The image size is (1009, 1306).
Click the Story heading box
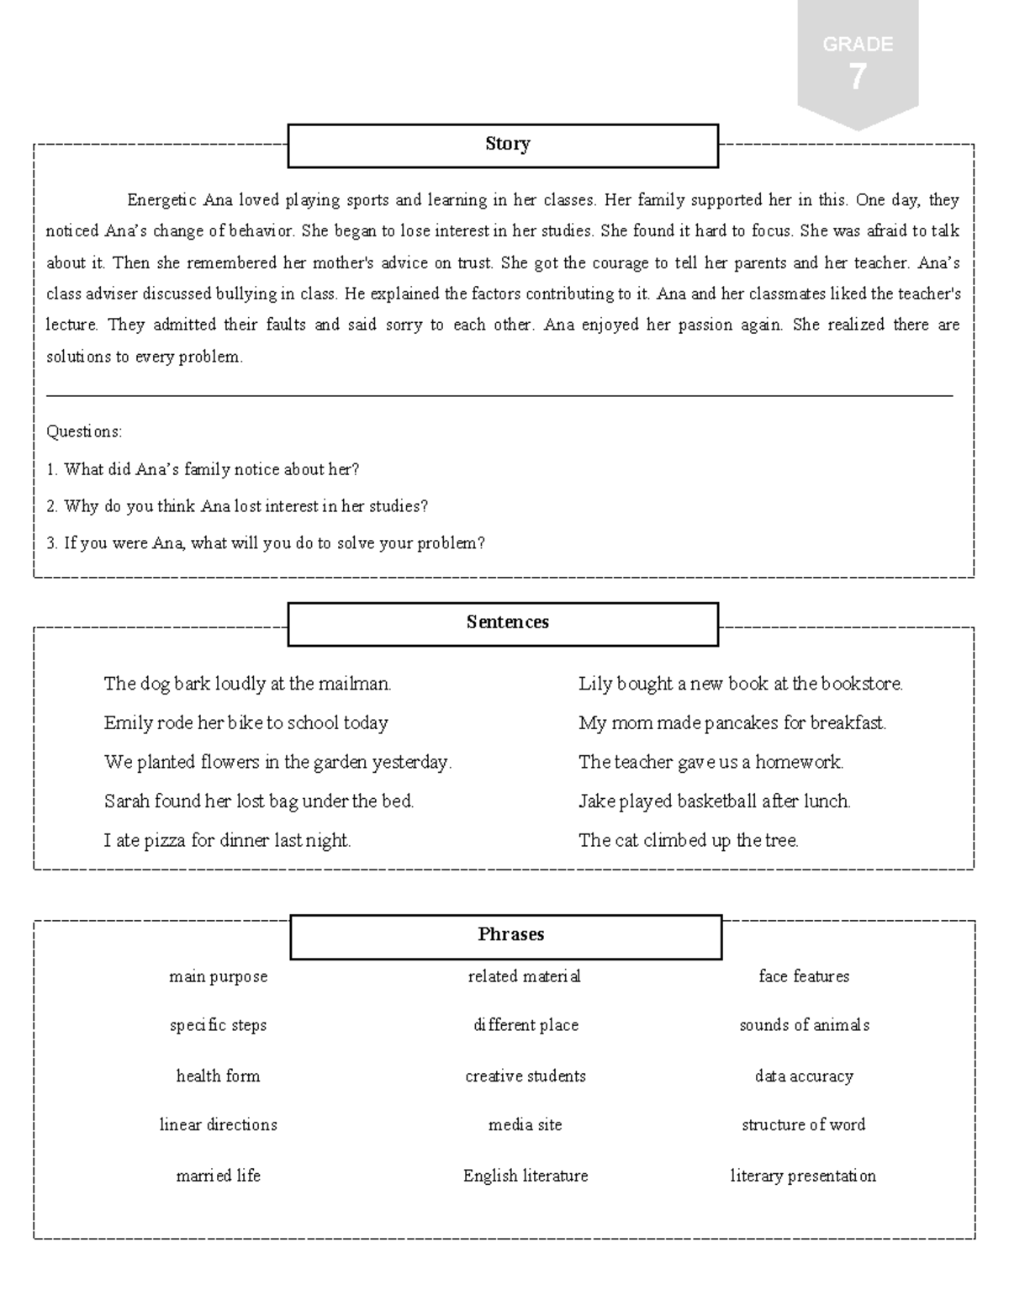coord(503,145)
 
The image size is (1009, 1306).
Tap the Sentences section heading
coord(503,623)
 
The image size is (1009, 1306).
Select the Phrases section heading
coord(506,935)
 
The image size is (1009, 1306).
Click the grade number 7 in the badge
coord(857,78)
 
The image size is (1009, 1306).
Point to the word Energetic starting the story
coord(163,200)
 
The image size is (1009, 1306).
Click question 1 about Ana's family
coord(203,469)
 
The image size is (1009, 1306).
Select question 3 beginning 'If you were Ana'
coord(266,543)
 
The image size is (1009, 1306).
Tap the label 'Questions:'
coord(84,431)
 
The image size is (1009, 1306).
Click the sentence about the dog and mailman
coord(247,684)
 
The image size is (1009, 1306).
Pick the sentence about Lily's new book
coord(740,684)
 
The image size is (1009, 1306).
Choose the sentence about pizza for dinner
coord(227,840)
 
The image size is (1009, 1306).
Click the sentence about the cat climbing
coord(688,840)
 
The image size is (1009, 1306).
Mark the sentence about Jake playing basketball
coord(714,801)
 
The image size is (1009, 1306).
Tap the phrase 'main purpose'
coord(218,976)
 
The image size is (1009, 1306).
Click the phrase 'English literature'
coord(526,1176)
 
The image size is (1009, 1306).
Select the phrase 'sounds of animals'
coord(804,1025)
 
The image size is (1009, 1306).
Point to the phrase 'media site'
coord(525,1125)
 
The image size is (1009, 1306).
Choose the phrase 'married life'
coord(218,1176)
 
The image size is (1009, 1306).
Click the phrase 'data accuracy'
coord(804,1076)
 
